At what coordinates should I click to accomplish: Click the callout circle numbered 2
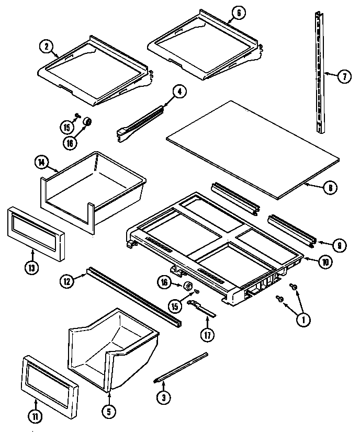coord(46,47)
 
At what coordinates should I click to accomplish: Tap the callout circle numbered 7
coord(344,77)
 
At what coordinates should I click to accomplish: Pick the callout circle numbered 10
coord(325,263)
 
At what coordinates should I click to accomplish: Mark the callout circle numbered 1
coord(302,320)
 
